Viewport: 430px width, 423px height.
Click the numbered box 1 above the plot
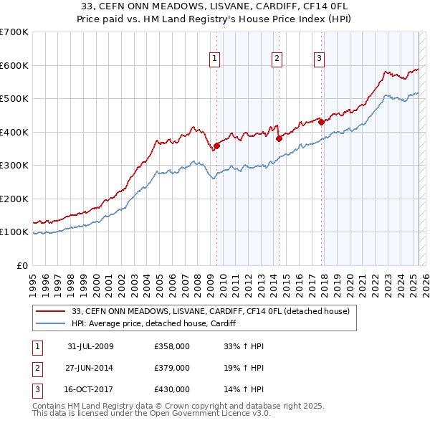(x=215, y=60)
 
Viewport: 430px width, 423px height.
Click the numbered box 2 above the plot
(x=277, y=60)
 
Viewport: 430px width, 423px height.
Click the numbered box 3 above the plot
(x=319, y=60)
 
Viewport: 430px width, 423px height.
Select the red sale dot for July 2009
(x=217, y=146)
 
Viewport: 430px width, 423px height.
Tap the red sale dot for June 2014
(x=279, y=139)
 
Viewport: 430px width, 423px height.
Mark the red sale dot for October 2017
(x=321, y=122)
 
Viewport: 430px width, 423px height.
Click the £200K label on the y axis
(x=14, y=199)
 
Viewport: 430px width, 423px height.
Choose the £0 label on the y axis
(x=22, y=265)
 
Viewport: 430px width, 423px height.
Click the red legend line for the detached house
(x=50, y=311)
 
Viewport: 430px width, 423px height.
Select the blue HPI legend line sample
(x=50, y=324)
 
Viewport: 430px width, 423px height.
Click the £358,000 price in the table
(x=171, y=346)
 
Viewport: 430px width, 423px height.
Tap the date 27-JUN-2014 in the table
(x=90, y=368)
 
